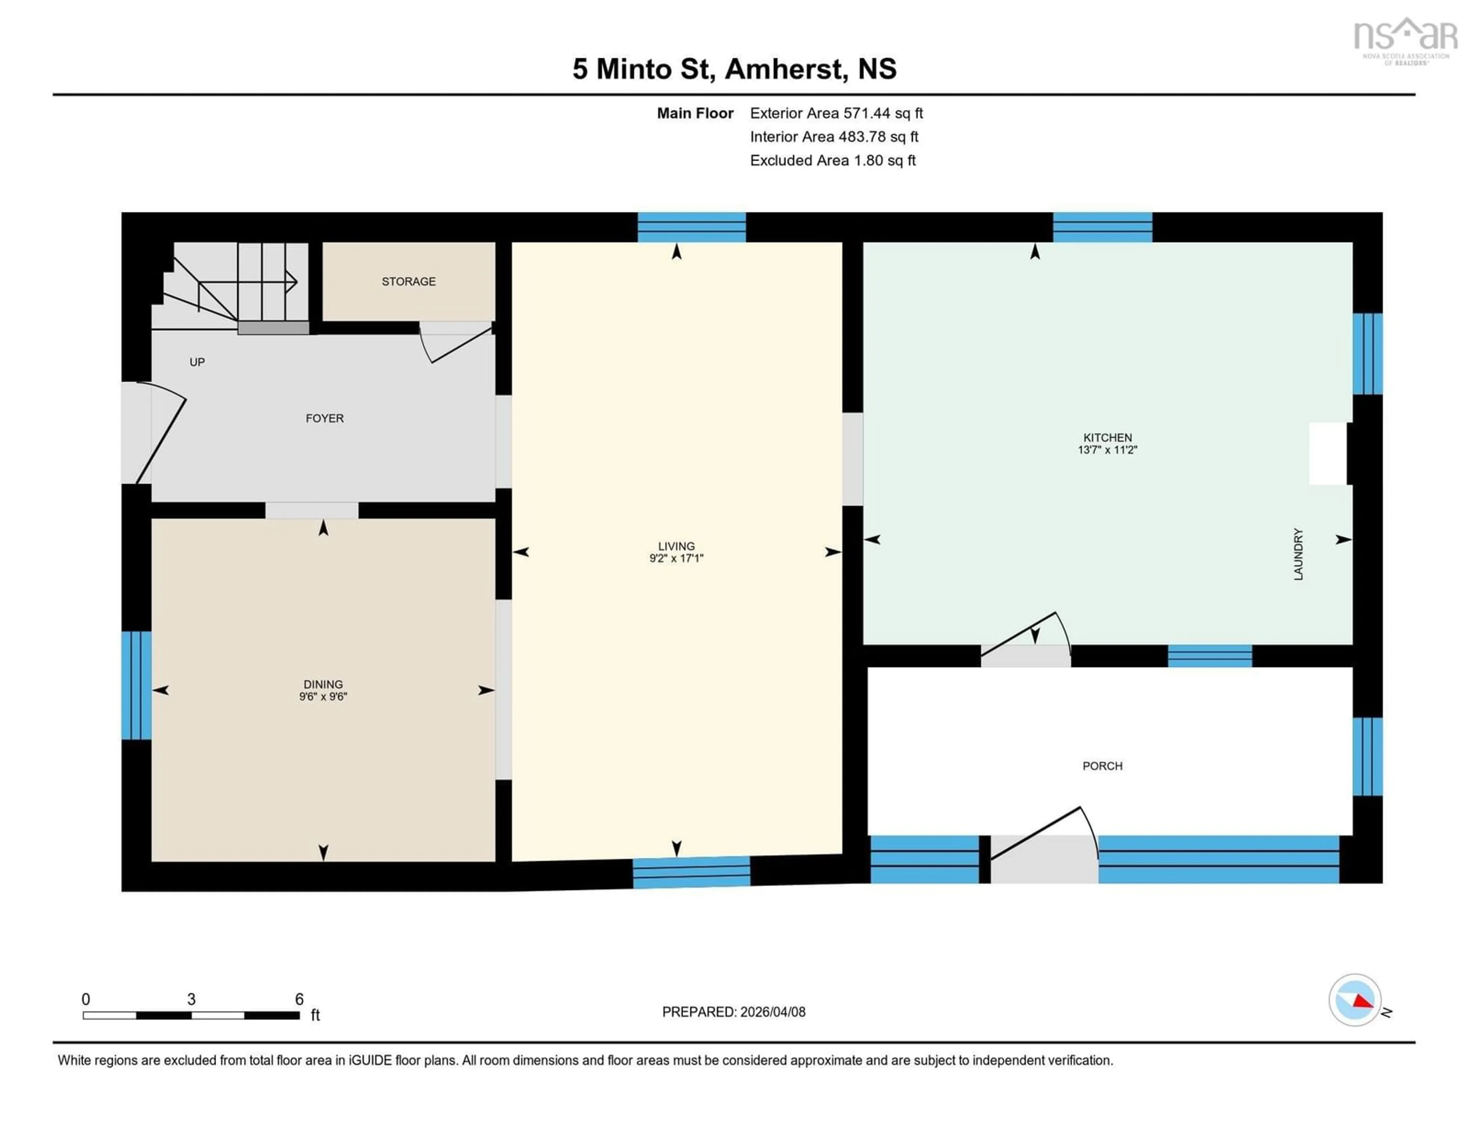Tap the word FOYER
[325, 418]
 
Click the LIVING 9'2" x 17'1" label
[676, 552]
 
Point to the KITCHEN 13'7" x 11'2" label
[1107, 443]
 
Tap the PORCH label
[1103, 766]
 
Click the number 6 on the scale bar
[299, 999]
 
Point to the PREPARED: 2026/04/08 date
[733, 1012]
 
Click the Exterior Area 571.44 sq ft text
[836, 113]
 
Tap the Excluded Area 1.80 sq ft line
[833, 160]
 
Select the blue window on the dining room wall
[136, 685]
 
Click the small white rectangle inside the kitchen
[1328, 453]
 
